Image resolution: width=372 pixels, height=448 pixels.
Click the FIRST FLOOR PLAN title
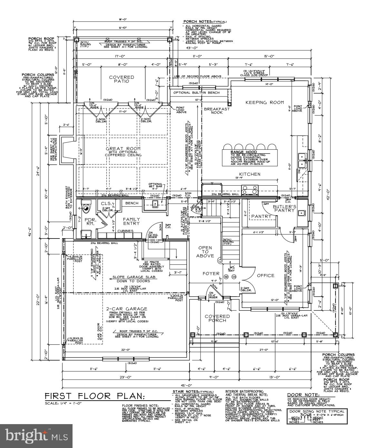pyautogui.click(x=95, y=396)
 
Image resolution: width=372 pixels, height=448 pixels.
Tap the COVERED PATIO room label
pyautogui.click(x=122, y=79)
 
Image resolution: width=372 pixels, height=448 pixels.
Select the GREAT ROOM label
pyautogui.click(x=123, y=149)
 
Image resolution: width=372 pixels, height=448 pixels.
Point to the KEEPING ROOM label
pyautogui.click(x=265, y=102)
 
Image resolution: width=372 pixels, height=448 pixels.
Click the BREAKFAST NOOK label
pyautogui.click(x=217, y=111)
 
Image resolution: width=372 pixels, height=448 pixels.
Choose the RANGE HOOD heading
pyautogui.click(x=243, y=152)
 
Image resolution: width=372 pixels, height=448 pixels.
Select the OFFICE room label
pyautogui.click(x=266, y=275)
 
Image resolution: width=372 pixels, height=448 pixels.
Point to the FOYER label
pyautogui.click(x=211, y=273)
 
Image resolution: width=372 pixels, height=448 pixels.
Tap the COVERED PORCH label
pyautogui.click(x=217, y=318)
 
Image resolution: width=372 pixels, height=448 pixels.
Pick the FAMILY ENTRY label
pyautogui.click(x=132, y=221)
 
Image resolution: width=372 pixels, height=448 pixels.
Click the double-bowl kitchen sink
pyautogui.click(x=302, y=160)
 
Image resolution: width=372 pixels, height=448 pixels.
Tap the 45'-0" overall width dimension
pyautogui.click(x=186, y=385)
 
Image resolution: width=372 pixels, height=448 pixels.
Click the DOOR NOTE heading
pyautogui.click(x=299, y=395)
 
